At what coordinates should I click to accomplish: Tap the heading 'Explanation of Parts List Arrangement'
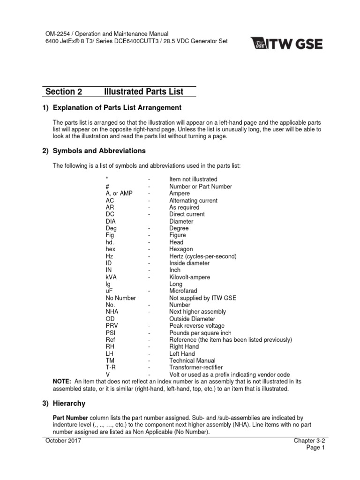coord(117,108)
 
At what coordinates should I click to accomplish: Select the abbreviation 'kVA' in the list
coord(111,277)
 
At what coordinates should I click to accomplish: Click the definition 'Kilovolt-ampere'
coord(189,277)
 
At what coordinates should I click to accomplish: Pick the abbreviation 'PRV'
coord(112,326)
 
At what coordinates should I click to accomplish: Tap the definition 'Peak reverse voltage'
coord(196,326)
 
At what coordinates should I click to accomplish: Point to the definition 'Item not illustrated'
coord(193,179)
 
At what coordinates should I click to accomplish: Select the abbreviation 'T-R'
coord(111,367)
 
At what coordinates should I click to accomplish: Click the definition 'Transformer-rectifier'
coord(195,367)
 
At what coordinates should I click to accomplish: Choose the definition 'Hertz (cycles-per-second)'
coord(202,256)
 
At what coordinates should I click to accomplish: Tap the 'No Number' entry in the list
coord(120,298)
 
